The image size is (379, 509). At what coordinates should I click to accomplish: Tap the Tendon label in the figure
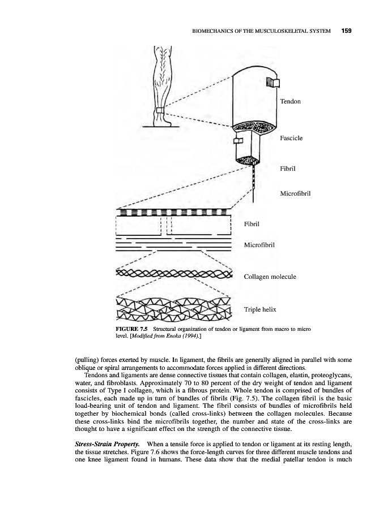290,102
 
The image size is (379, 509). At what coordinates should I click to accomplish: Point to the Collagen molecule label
270,277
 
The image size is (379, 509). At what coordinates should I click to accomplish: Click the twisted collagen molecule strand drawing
174,275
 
